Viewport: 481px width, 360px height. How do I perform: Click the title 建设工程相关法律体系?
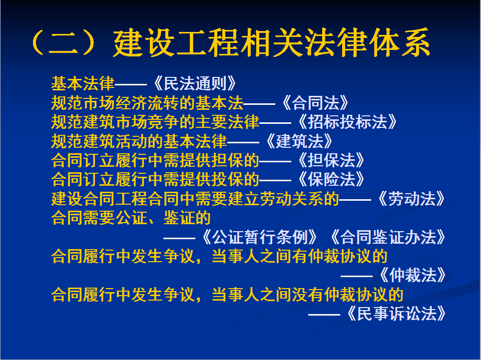(272, 42)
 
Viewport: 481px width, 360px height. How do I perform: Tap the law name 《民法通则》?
(195, 83)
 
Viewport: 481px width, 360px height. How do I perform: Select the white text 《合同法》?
(315, 103)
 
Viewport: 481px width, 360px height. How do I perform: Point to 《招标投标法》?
(347, 122)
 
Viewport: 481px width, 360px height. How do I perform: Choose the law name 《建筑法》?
(299, 141)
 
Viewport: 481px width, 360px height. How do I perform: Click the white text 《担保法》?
(331, 160)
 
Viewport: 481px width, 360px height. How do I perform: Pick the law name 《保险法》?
(331, 179)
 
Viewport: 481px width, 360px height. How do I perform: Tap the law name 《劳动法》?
(412, 198)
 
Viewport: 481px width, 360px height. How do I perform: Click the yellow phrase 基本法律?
(83, 83)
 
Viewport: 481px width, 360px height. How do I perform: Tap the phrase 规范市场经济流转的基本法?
(147, 103)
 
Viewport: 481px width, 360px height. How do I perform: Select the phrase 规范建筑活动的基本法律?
(139, 141)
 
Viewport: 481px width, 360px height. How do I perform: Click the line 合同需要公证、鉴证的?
(131, 218)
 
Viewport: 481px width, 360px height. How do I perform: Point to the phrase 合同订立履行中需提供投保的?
(155, 179)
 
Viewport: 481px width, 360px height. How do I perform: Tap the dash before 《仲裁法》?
(357, 276)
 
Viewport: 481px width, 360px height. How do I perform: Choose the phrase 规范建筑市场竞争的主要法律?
(155, 122)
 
